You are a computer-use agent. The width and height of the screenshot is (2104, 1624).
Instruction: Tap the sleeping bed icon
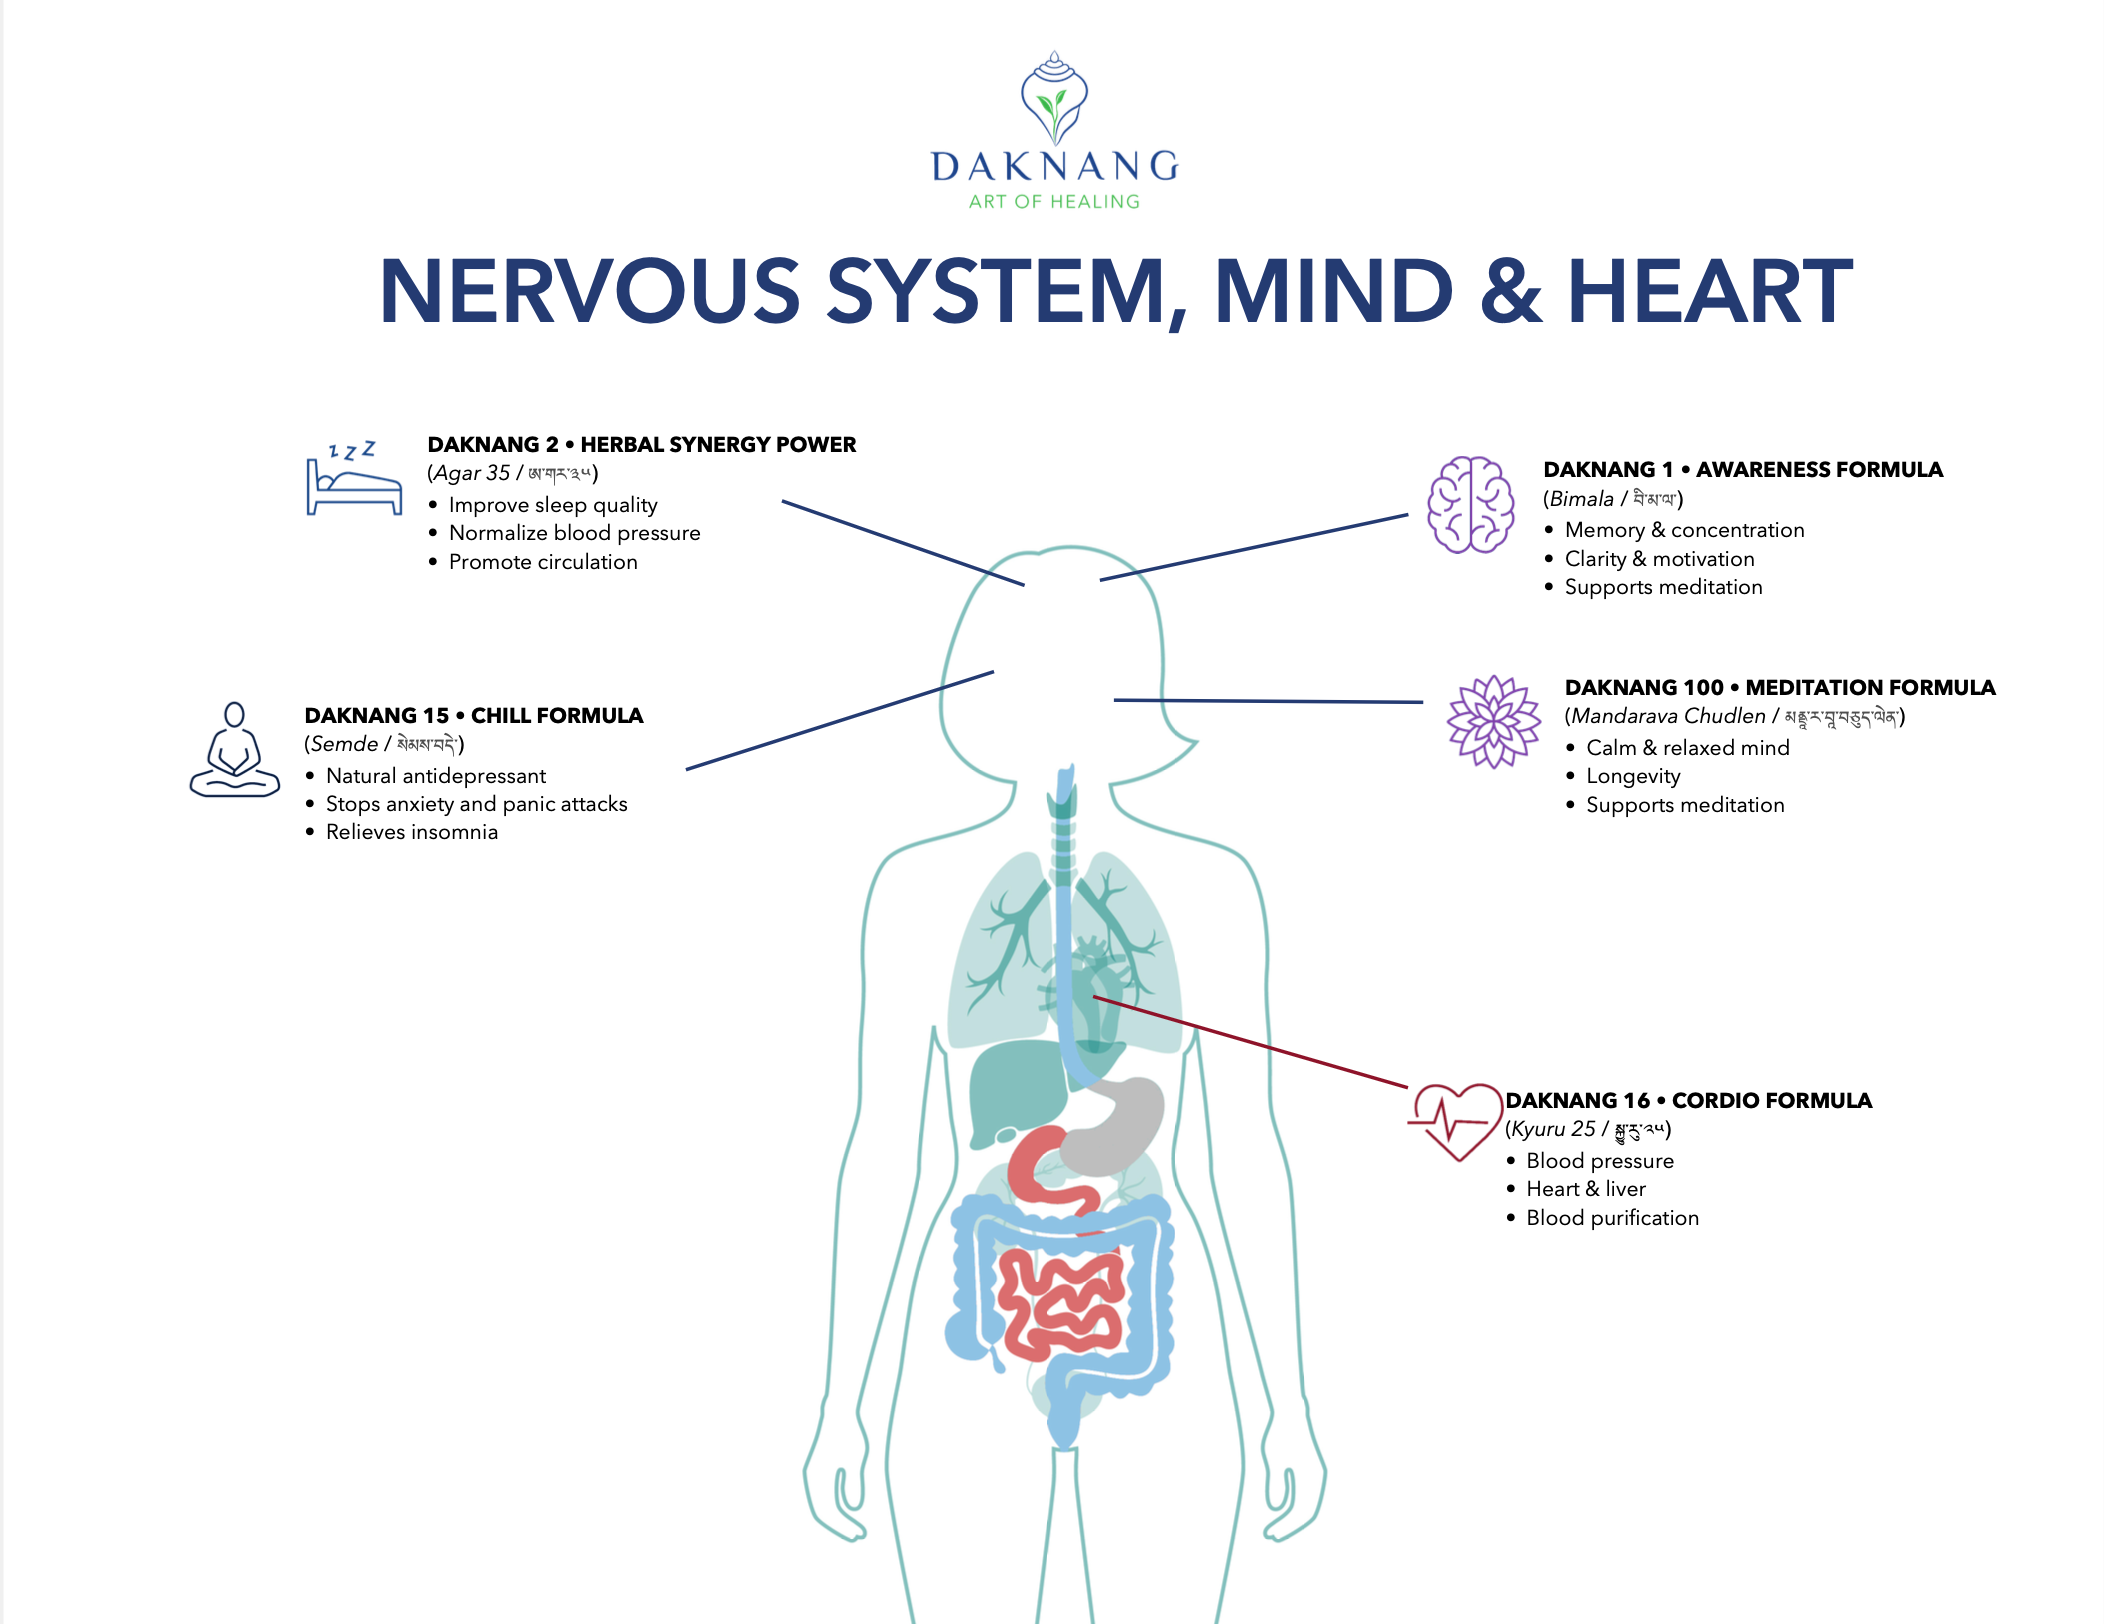(x=354, y=481)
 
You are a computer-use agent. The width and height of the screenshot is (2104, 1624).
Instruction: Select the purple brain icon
(x=1470, y=504)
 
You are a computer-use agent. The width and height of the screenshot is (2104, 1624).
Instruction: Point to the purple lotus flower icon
(x=1494, y=721)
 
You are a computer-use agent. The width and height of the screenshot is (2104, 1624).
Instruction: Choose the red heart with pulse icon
(x=1456, y=1121)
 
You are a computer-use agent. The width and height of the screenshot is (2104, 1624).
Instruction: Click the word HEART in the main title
(x=1710, y=292)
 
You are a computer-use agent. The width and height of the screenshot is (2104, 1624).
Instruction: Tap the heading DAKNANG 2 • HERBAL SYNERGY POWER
(x=641, y=444)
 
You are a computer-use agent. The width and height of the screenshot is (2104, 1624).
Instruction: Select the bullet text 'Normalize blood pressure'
(x=574, y=533)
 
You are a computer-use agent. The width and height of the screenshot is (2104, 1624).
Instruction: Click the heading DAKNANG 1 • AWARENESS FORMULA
(x=1742, y=469)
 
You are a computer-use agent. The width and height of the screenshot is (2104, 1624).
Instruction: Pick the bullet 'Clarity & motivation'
(x=1659, y=559)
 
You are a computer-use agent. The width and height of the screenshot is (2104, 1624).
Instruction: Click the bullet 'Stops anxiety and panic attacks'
(x=476, y=804)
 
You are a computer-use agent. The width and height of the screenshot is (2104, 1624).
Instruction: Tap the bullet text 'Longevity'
(x=1633, y=776)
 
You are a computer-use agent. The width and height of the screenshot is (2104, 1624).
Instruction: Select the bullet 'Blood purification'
(x=1612, y=1218)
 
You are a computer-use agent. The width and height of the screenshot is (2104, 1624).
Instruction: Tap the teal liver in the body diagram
(x=1015, y=1090)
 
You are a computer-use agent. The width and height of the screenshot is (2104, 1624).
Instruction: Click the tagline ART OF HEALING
(x=1054, y=202)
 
